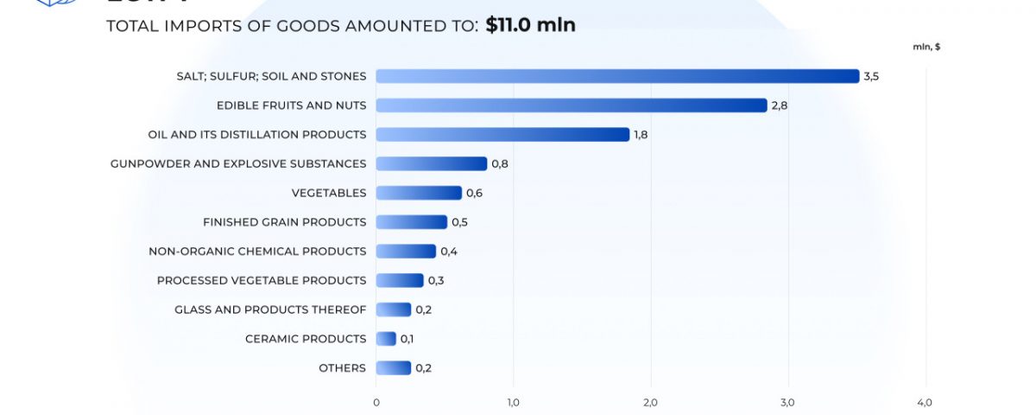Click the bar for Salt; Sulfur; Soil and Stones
(617, 76)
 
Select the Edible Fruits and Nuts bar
(572, 105)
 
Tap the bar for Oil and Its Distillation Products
(502, 135)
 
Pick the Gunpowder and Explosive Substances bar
(432, 164)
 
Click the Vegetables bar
(419, 193)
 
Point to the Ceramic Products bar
(386, 339)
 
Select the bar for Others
(394, 368)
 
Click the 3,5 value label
(871, 76)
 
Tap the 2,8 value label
(780, 105)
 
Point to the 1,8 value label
(641, 135)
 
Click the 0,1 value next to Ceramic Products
(407, 339)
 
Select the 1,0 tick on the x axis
(513, 403)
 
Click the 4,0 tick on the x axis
(925, 403)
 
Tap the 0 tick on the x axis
(376, 403)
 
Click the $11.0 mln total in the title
(530, 25)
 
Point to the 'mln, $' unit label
(926, 47)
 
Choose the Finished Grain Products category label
(285, 222)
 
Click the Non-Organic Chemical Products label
(257, 252)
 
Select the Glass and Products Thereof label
(270, 310)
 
